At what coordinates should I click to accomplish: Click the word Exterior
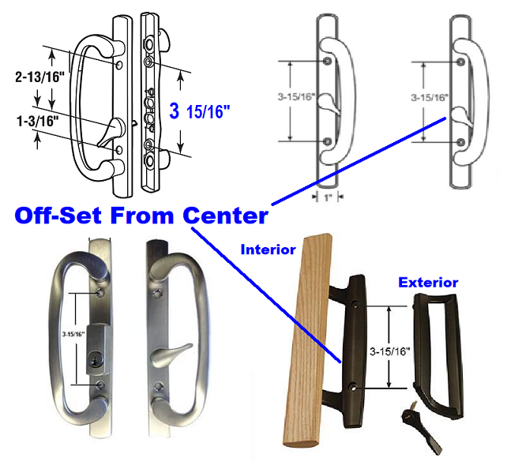coord(428,281)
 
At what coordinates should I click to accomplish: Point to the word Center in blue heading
coord(224,215)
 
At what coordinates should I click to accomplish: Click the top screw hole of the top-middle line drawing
coord(329,62)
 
